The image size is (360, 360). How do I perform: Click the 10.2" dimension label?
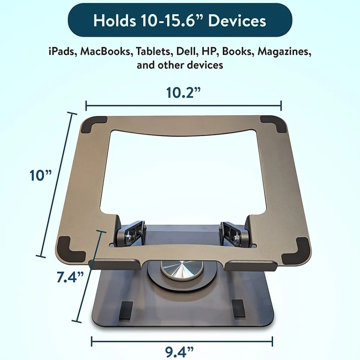pos(183,93)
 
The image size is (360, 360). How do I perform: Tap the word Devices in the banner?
pos(237,21)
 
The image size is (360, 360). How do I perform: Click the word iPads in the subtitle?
pos(62,51)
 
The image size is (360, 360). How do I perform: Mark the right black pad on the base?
pos(239,309)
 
